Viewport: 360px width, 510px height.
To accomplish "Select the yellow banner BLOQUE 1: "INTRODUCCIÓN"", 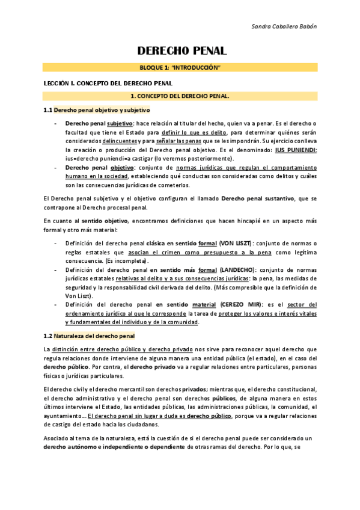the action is point(180,68).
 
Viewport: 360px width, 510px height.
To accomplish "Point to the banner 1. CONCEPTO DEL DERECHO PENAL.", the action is point(180,96).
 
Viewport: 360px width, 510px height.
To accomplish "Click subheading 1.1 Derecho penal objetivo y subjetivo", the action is point(97,110).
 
